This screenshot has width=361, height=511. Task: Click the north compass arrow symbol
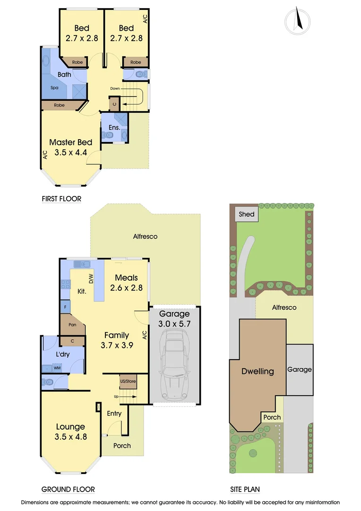click(297, 21)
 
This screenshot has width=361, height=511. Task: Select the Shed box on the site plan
click(246, 214)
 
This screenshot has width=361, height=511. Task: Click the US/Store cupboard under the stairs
click(128, 381)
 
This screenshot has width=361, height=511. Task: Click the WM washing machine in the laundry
click(57, 368)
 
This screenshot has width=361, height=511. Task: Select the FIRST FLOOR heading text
click(61, 199)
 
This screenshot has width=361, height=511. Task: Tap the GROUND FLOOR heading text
click(68, 489)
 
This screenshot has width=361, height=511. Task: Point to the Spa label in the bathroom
click(54, 88)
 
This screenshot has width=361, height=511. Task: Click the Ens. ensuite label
click(114, 127)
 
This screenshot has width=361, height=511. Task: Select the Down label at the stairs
click(115, 88)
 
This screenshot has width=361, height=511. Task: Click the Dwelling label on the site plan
click(258, 371)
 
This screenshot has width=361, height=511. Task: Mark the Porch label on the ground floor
click(122, 446)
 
